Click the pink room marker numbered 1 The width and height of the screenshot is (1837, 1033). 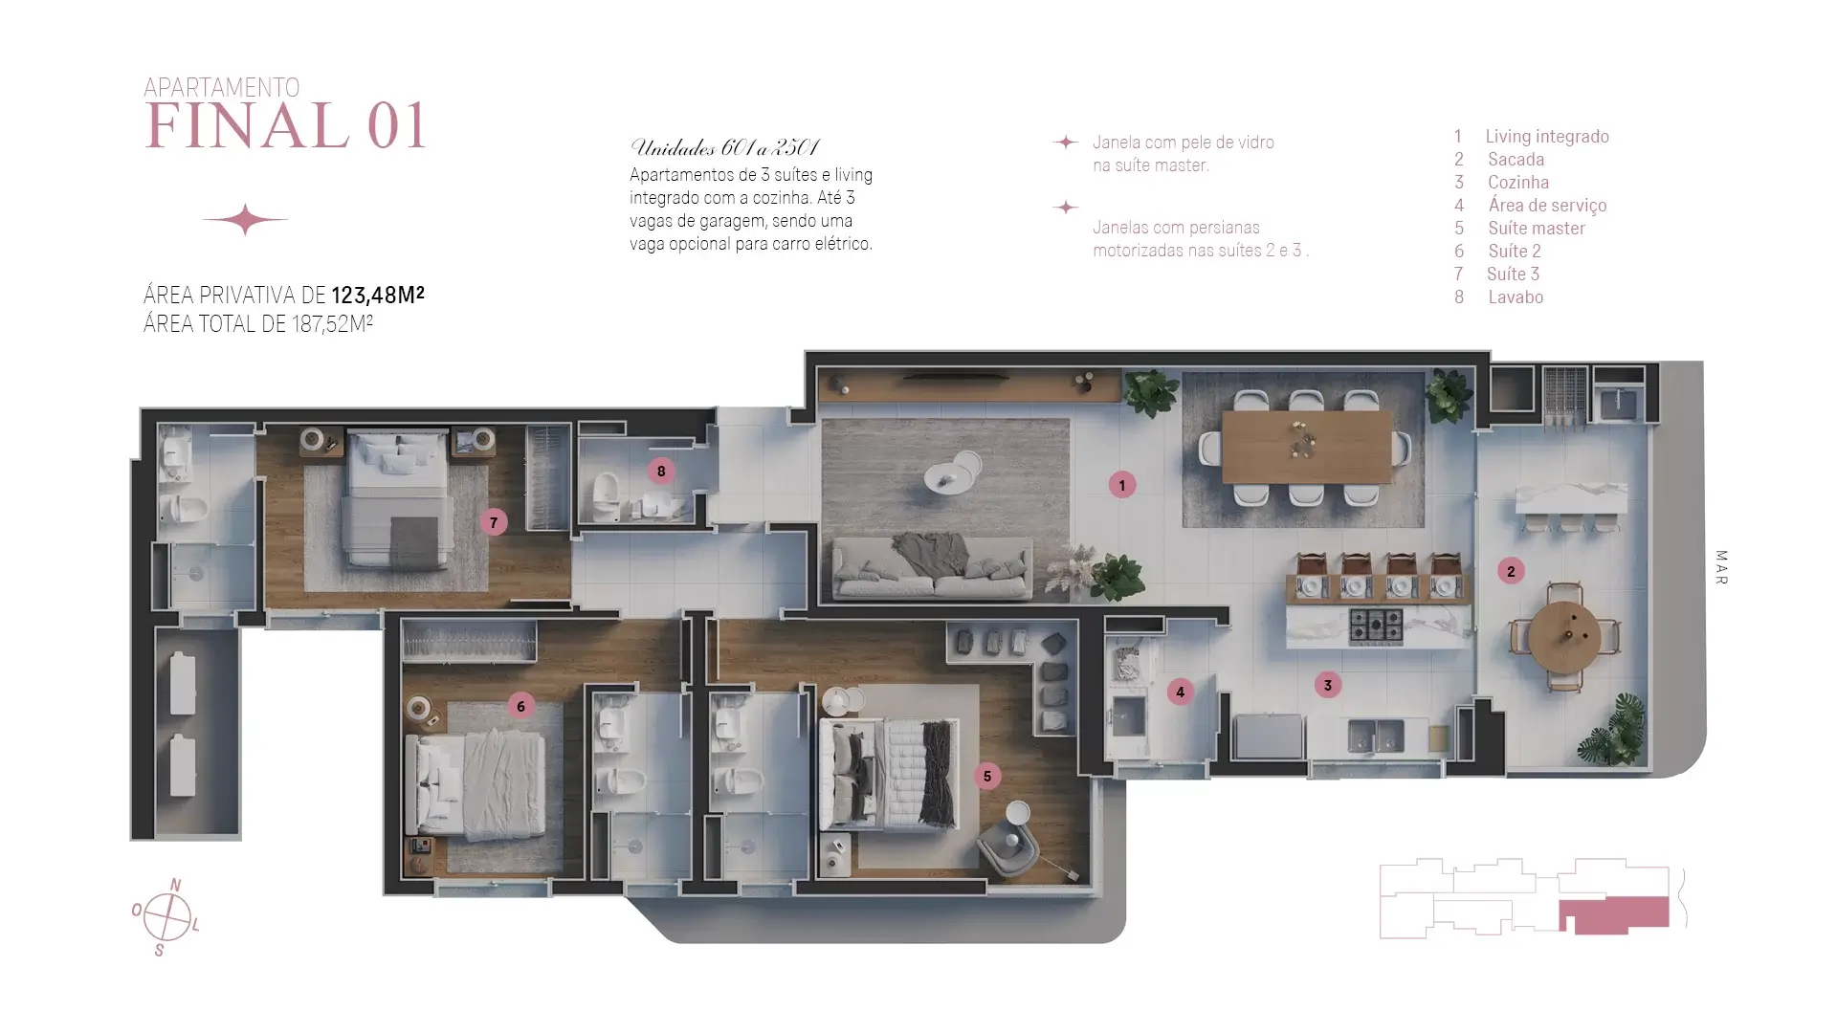pyautogui.click(x=1122, y=485)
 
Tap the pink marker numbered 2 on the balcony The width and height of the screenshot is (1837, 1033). pyautogui.click(x=1511, y=571)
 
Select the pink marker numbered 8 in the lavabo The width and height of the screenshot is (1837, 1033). pyautogui.click(x=661, y=471)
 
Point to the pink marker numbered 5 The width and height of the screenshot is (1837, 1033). pyautogui.click(x=987, y=776)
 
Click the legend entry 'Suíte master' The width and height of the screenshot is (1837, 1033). pyautogui.click(x=1537, y=228)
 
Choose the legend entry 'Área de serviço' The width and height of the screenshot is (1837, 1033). pyautogui.click(x=1547, y=205)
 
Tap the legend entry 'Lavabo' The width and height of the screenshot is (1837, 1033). pyautogui.click(x=1516, y=297)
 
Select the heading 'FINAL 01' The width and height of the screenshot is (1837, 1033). pyautogui.click(x=285, y=126)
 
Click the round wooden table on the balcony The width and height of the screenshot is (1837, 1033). pyautogui.click(x=1563, y=636)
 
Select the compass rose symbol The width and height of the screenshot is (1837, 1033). pyautogui.click(x=167, y=917)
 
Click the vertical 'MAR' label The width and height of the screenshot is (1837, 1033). pyautogui.click(x=1721, y=567)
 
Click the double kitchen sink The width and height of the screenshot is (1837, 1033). pyautogui.click(x=1376, y=736)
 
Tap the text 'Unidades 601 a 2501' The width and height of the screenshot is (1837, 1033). pyautogui.click(x=724, y=147)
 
